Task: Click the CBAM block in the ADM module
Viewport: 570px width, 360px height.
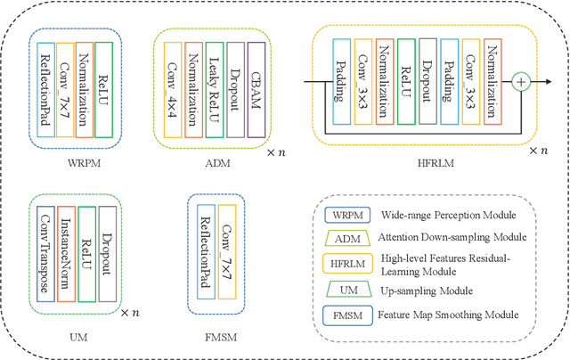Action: point(256,89)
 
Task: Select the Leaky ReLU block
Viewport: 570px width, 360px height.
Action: point(213,89)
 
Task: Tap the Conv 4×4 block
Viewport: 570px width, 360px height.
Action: point(170,89)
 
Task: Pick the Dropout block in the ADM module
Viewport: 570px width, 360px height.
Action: point(234,89)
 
